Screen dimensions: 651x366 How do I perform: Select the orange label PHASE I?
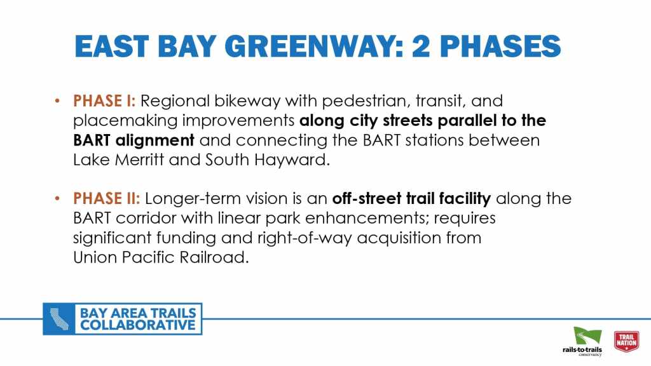(x=104, y=101)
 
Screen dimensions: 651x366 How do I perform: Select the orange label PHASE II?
(x=107, y=198)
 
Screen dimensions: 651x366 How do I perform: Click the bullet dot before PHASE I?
(x=57, y=101)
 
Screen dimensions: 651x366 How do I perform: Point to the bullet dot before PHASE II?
(x=57, y=198)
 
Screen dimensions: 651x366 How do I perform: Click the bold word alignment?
(x=154, y=140)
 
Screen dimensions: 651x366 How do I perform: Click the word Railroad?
(x=214, y=258)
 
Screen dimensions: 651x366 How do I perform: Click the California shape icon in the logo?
(x=59, y=319)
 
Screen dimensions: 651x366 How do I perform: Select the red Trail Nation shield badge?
(x=626, y=341)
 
